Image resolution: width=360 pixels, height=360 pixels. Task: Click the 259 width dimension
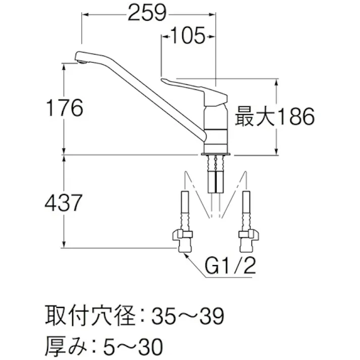147,14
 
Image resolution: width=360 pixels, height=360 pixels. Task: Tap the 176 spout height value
63,108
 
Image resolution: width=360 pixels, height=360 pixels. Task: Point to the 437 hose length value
63,203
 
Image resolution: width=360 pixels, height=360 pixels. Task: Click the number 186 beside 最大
295,118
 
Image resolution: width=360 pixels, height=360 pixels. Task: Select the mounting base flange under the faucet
216,152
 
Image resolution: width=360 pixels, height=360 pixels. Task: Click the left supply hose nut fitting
182,236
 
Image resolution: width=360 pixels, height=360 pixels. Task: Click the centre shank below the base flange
216,174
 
